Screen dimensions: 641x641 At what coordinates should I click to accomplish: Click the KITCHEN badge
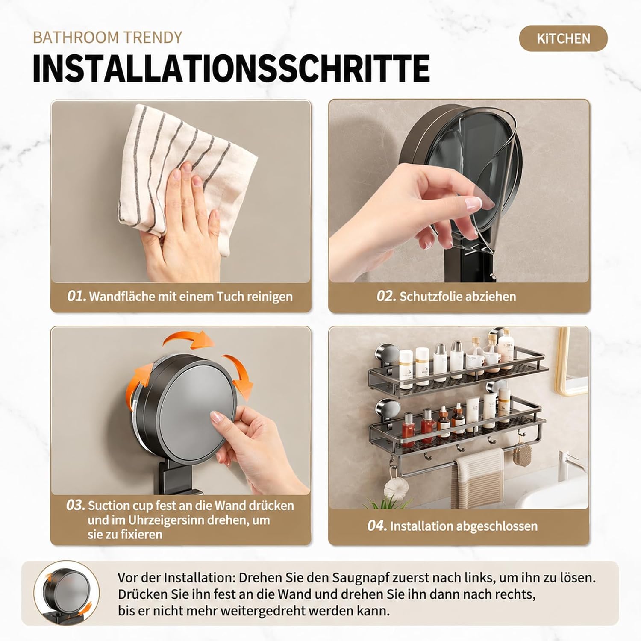[563, 38]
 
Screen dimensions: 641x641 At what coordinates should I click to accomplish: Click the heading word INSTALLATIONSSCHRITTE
[231, 68]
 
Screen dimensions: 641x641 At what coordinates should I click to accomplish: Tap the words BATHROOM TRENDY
[107, 38]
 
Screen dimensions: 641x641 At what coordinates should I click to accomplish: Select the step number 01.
[76, 296]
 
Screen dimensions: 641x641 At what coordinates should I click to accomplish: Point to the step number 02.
[386, 296]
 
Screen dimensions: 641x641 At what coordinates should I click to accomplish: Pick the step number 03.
[76, 505]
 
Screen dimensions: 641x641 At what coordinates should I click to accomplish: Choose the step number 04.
[377, 526]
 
